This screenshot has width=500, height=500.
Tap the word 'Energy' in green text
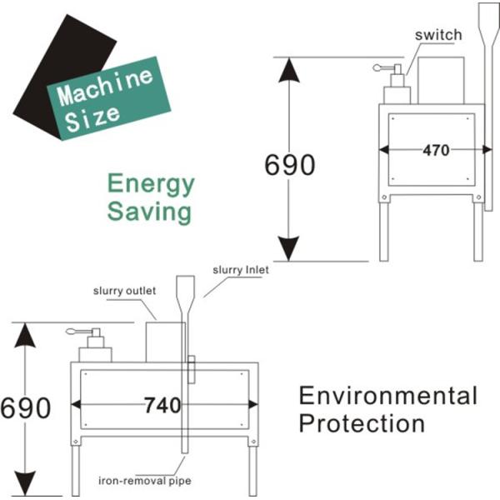click(151, 183)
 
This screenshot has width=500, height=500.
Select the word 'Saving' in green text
click(149, 211)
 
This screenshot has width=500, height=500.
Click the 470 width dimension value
click(435, 151)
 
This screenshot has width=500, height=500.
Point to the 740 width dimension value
click(162, 406)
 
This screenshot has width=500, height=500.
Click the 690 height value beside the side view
click(290, 166)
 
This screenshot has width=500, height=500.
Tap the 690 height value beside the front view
click(26, 408)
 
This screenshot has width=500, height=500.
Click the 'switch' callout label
click(438, 35)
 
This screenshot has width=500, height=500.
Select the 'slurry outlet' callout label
click(122, 291)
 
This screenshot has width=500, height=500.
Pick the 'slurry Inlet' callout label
click(241, 269)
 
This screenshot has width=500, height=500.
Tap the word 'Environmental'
click(387, 395)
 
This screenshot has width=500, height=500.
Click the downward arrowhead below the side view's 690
click(289, 247)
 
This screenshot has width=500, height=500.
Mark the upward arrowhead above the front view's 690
click(26, 337)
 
